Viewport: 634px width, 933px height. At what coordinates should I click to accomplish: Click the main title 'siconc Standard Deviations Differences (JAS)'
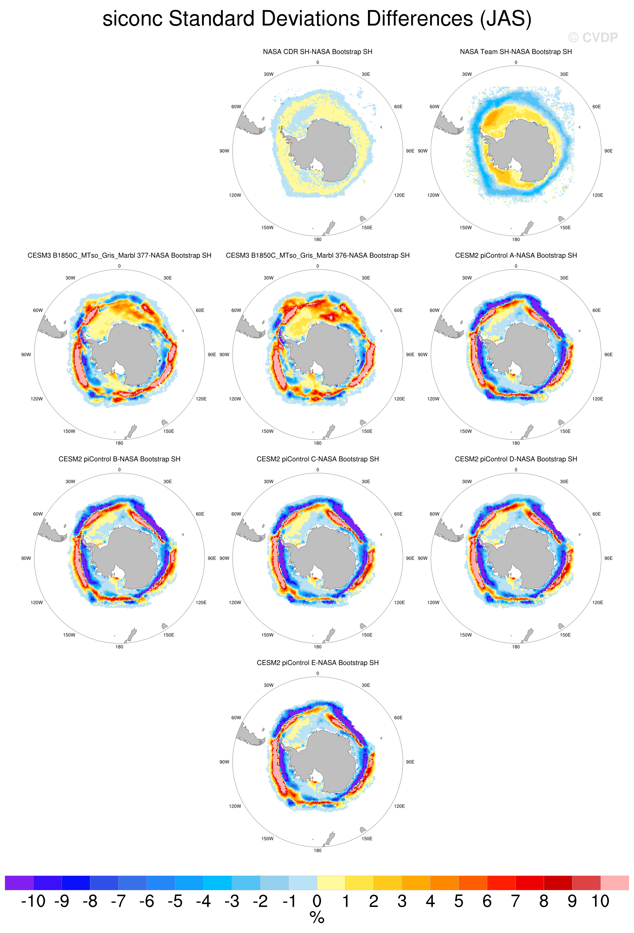tap(317, 19)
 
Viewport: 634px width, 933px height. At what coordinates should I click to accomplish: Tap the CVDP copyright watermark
tap(593, 37)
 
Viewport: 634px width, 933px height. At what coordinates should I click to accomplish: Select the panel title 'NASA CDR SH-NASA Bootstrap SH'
tap(317, 52)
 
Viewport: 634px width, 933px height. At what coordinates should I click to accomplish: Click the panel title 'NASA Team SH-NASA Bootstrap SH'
tap(516, 52)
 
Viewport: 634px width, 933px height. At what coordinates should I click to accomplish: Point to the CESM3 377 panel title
tap(119, 255)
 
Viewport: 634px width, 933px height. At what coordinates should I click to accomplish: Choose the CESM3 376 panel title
tap(317, 255)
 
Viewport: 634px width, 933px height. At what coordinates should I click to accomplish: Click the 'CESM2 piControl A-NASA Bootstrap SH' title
tap(516, 255)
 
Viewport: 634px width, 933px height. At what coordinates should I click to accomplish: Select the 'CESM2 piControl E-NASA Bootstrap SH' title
tap(317, 663)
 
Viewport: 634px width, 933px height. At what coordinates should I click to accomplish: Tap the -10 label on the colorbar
tap(33, 901)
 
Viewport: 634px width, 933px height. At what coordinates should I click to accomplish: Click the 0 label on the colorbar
tap(317, 901)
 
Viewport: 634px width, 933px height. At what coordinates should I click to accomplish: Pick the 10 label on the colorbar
tap(600, 901)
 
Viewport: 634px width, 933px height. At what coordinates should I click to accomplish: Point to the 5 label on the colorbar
tap(459, 901)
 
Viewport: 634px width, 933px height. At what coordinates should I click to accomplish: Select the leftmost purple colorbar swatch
tap(19, 883)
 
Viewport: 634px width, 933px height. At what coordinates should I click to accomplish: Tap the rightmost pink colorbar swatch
tap(615, 883)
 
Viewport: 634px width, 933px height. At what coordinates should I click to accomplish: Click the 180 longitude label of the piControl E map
tap(317, 850)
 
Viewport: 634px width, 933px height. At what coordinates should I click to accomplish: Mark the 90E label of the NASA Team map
tap(608, 151)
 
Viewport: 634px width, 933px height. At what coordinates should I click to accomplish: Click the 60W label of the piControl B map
tap(38, 514)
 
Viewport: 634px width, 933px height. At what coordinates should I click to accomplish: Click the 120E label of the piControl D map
tap(598, 602)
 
